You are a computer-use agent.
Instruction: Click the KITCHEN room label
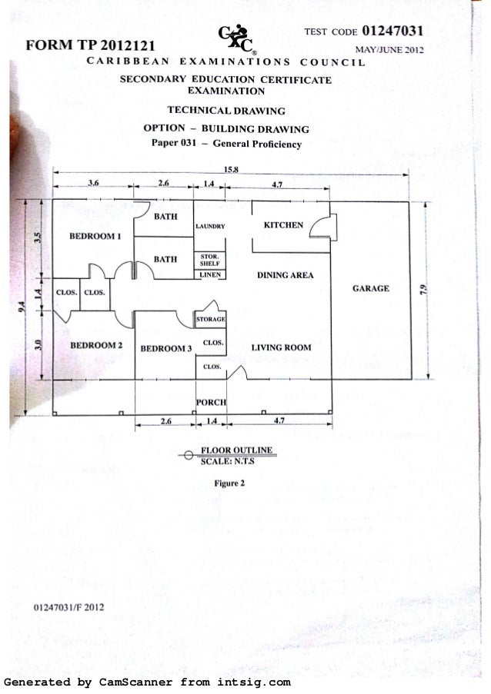pos(282,225)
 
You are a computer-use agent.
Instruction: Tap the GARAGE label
pos(371,289)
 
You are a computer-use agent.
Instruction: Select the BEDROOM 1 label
pos(96,236)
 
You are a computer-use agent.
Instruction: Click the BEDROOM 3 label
pos(165,348)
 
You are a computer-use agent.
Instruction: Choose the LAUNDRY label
pos(209,227)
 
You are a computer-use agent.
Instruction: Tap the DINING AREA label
pos(285,274)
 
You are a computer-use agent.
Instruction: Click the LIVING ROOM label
pos(281,347)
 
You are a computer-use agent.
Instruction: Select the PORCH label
pos(210,402)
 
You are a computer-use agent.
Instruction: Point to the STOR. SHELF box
pos(209,259)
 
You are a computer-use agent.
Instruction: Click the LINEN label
pos(209,274)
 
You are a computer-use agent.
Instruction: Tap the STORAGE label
pos(210,318)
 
